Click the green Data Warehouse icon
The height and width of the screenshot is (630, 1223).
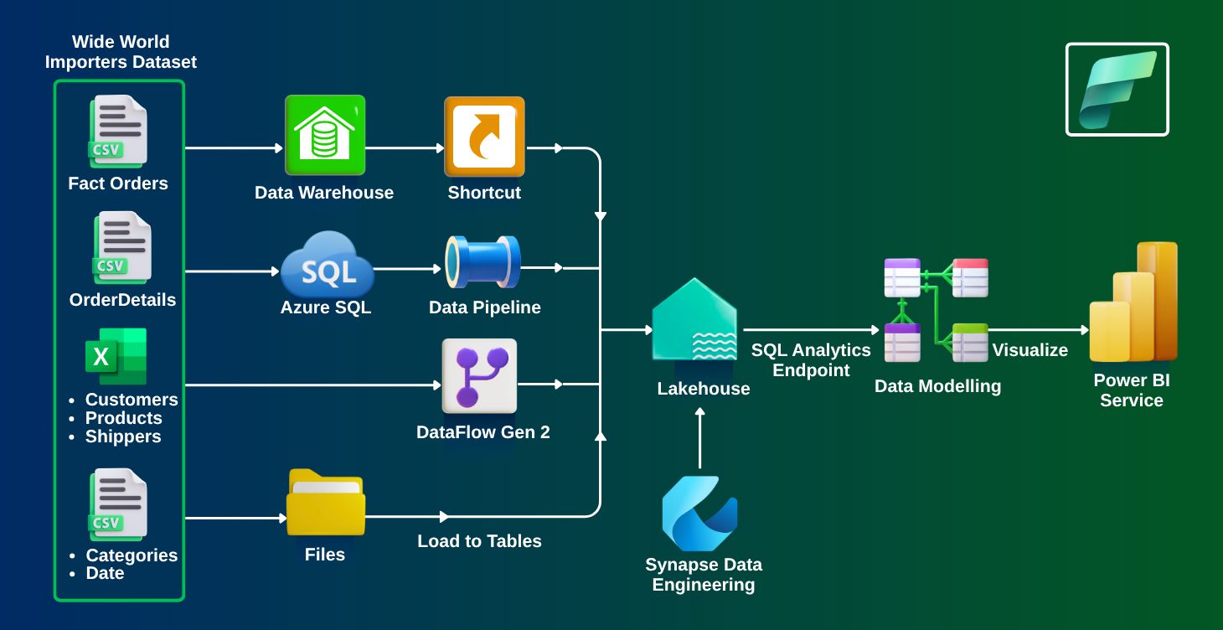325,137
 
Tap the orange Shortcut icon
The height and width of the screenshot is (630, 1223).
484,137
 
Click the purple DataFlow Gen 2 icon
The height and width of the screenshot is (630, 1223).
479,376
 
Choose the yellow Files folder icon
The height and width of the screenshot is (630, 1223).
326,503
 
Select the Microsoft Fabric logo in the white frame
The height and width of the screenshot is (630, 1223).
1117,89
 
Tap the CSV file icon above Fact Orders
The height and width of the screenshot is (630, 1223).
118,131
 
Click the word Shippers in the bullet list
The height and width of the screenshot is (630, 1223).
123,436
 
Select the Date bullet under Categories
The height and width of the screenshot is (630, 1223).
106,574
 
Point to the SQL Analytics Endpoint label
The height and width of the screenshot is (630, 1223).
811,360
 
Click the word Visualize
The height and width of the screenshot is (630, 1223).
1030,350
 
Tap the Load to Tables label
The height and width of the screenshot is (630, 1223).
479,541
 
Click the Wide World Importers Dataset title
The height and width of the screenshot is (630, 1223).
121,52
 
